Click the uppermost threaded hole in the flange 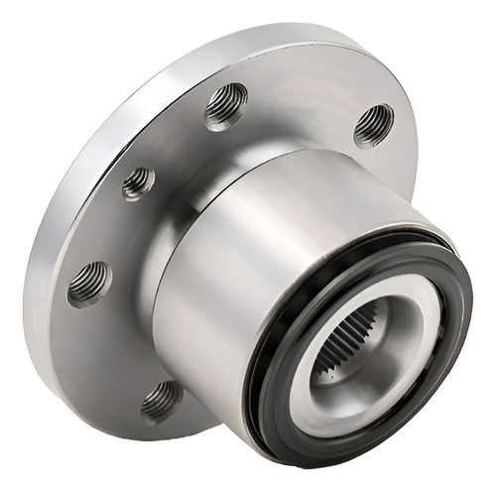225,105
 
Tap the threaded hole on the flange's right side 373,124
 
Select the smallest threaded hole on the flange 138,183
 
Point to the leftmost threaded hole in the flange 89,283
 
